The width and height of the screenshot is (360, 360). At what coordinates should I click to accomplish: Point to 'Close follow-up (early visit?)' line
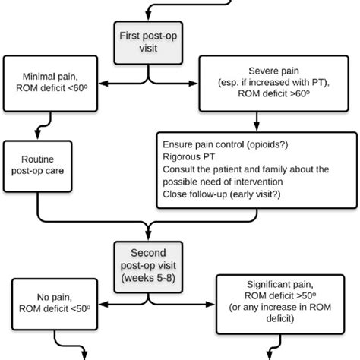click(x=231, y=194)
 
